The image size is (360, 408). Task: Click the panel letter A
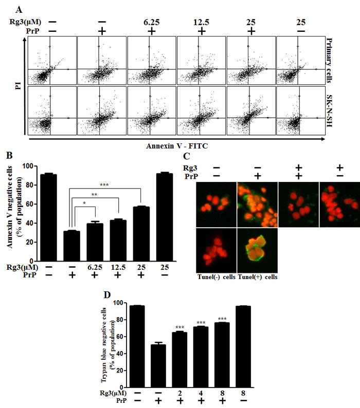pyautogui.click(x=19, y=10)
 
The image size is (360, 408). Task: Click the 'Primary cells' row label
pyautogui.click(x=329, y=60)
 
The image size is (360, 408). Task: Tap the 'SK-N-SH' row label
pyautogui.click(x=329, y=111)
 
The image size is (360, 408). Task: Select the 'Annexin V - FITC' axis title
pyautogui.click(x=177, y=146)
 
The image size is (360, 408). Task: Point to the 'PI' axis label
pyautogui.click(x=18, y=86)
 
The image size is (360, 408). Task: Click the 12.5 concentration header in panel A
pyautogui.click(x=201, y=23)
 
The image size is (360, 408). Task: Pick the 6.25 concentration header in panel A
pyautogui.click(x=151, y=23)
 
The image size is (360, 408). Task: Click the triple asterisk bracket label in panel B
pyautogui.click(x=104, y=185)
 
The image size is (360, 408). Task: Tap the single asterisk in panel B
pyautogui.click(x=84, y=203)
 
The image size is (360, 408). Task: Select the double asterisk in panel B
pyautogui.click(x=94, y=194)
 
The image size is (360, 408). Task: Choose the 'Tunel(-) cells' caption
pyautogui.click(x=216, y=277)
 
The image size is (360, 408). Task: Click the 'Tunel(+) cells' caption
pyautogui.click(x=258, y=277)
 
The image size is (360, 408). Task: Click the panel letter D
pyautogui.click(x=107, y=295)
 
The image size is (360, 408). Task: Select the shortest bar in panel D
pyautogui.click(x=158, y=365)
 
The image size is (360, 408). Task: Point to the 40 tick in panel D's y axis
pyautogui.click(x=119, y=354)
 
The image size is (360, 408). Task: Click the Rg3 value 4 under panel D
pyautogui.click(x=201, y=393)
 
